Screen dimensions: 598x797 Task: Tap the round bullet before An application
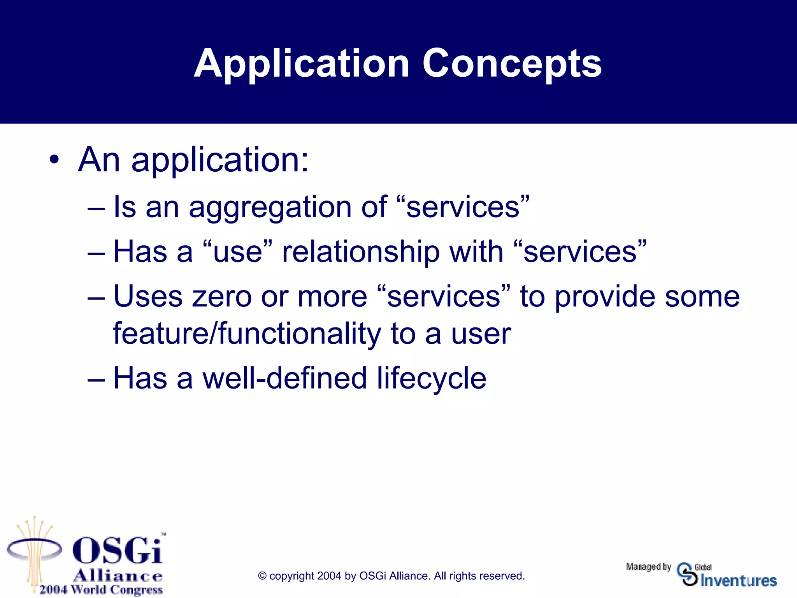tap(54, 159)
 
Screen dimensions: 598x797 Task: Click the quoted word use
tap(237, 252)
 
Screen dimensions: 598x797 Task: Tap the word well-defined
tap(284, 378)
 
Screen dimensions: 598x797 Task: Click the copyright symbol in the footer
tap(263, 576)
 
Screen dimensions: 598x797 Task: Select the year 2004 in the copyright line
tap(329, 576)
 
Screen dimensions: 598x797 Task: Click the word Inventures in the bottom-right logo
tap(738, 580)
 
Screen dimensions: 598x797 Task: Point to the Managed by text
tap(648, 567)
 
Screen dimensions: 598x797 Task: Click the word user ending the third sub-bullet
tap(481, 334)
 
